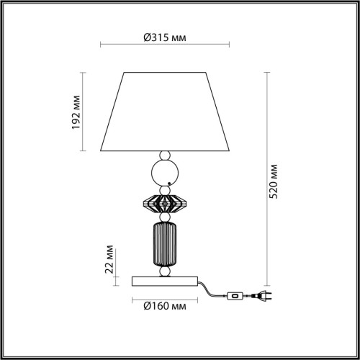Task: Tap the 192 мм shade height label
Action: pyautogui.click(x=76, y=112)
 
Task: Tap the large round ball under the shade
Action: pyautogui.click(x=165, y=174)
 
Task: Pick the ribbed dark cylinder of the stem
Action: pyautogui.click(x=165, y=244)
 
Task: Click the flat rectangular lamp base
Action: pyautogui.click(x=165, y=279)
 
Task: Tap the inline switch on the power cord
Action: pyautogui.click(x=234, y=295)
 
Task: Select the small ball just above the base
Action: pyautogui.click(x=165, y=271)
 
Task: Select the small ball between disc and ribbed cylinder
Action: pyautogui.click(x=165, y=217)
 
